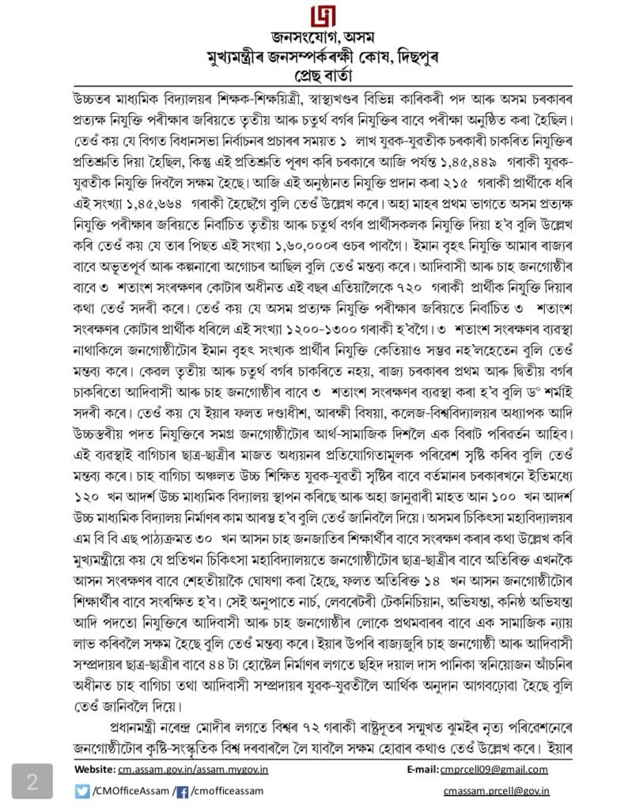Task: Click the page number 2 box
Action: pyautogui.click(x=32, y=782)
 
